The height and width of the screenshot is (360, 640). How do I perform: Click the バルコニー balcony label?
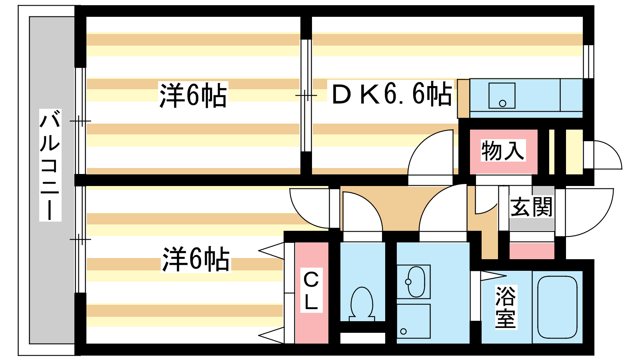click(x=50, y=165)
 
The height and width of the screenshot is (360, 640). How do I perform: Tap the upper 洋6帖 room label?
click(x=193, y=95)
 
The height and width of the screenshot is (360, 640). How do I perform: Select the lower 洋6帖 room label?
click(x=196, y=259)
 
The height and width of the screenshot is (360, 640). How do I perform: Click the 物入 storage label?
click(x=503, y=150)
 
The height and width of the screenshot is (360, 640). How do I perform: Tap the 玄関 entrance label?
click(x=532, y=206)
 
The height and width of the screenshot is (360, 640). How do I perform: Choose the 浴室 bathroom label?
click(x=506, y=307)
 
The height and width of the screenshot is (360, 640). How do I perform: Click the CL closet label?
click(x=311, y=290)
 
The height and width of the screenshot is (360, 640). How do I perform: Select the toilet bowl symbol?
click(x=362, y=304)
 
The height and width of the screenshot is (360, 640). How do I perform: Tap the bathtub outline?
click(x=557, y=308)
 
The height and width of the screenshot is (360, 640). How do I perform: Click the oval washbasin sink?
click(x=416, y=282)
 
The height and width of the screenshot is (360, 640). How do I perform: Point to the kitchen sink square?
click(x=502, y=96)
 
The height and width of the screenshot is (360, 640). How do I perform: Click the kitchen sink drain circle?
click(x=502, y=104)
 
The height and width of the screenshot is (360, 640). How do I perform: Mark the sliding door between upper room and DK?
click(x=306, y=96)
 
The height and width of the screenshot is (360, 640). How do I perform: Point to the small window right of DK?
click(x=588, y=62)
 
